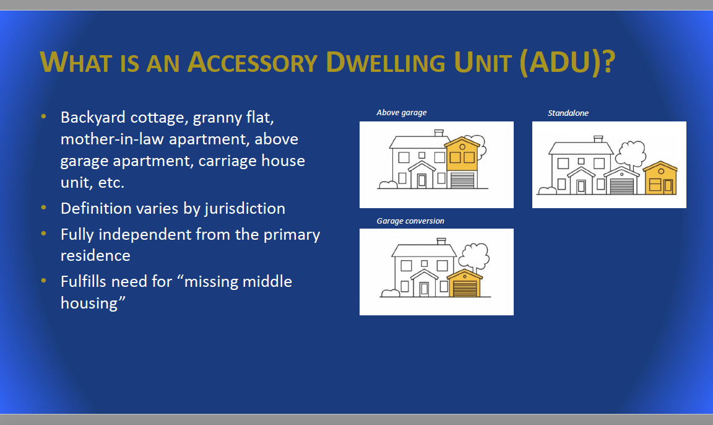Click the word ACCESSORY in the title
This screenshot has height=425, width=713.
click(x=253, y=62)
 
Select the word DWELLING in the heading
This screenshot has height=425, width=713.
click(x=386, y=62)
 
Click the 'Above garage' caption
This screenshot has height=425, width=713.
click(x=402, y=112)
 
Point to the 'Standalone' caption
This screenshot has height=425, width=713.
click(x=568, y=113)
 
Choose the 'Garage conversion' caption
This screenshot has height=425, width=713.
click(x=410, y=221)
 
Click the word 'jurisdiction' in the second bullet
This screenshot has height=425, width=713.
click(x=244, y=208)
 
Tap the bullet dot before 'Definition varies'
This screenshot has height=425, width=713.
click(x=44, y=208)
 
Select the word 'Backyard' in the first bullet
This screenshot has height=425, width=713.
click(x=93, y=117)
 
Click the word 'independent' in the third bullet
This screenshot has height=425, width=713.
click(x=145, y=235)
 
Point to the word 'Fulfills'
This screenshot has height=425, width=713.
click(x=85, y=282)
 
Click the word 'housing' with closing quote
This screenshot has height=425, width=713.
click(x=93, y=303)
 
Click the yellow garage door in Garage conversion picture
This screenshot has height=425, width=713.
click(x=465, y=289)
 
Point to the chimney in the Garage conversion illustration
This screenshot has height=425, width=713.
click(x=441, y=241)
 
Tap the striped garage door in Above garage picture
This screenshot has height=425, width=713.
click(x=462, y=180)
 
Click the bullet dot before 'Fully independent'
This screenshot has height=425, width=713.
click(x=44, y=234)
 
